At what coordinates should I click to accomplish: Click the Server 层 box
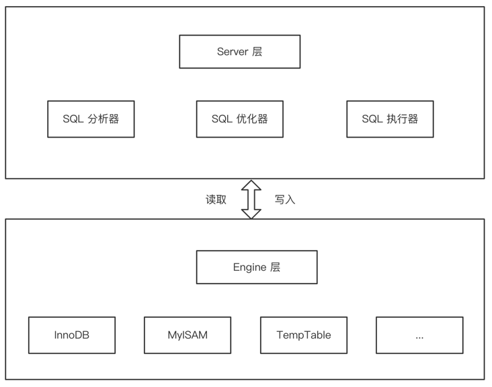[239, 52]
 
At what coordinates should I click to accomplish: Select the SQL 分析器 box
[91, 119]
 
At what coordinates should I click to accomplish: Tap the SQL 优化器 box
[239, 119]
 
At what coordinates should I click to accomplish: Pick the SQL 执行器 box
[390, 119]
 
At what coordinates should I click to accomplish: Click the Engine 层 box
[256, 267]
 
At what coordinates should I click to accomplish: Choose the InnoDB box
[72, 335]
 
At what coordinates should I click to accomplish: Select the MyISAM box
[188, 335]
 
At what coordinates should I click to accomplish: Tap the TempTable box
[304, 335]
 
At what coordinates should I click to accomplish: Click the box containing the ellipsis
[419, 335]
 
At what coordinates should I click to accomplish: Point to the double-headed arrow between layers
[251, 199]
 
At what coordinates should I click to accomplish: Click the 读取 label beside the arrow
[216, 200]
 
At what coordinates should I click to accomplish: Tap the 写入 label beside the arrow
[285, 200]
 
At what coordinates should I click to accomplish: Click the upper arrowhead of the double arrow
[251, 185]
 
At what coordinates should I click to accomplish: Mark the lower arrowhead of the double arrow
[251, 213]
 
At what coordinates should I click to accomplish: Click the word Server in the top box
[233, 52]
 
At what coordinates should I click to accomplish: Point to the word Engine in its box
[249, 267]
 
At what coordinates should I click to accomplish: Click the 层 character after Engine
[275, 267]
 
